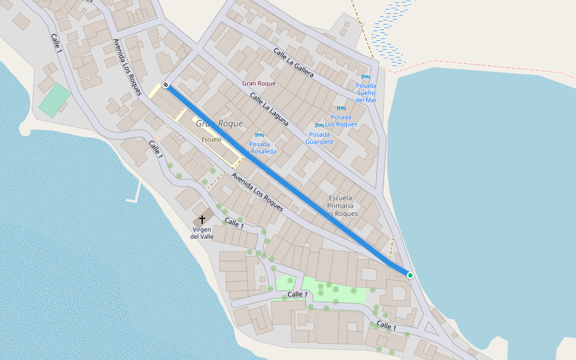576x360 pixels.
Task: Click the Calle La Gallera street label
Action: click(x=294, y=63)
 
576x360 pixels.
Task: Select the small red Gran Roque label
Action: click(x=259, y=83)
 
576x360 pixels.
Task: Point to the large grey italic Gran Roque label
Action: click(x=220, y=124)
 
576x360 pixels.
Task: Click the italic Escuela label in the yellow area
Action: click(x=211, y=139)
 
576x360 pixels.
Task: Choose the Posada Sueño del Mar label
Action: click(x=365, y=93)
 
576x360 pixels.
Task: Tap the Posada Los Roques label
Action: click(x=341, y=121)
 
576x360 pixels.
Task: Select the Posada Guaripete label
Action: click(x=319, y=138)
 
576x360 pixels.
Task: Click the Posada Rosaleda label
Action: click(x=260, y=148)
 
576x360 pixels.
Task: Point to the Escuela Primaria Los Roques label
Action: click(x=341, y=206)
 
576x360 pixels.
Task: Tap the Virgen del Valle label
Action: click(x=202, y=233)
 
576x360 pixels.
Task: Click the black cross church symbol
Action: click(x=202, y=220)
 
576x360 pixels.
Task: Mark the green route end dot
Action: click(x=410, y=275)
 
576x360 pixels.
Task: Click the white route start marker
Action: click(x=166, y=85)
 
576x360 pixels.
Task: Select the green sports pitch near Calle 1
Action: click(x=55, y=100)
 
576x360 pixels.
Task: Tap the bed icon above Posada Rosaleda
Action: click(x=259, y=135)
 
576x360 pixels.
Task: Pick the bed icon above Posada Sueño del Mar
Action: click(x=365, y=77)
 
